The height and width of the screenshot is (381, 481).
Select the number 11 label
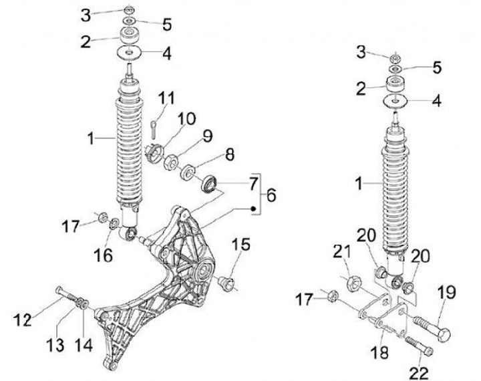tap(166, 99)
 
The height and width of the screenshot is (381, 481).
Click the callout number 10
tap(186, 120)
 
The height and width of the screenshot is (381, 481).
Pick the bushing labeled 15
tap(227, 284)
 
